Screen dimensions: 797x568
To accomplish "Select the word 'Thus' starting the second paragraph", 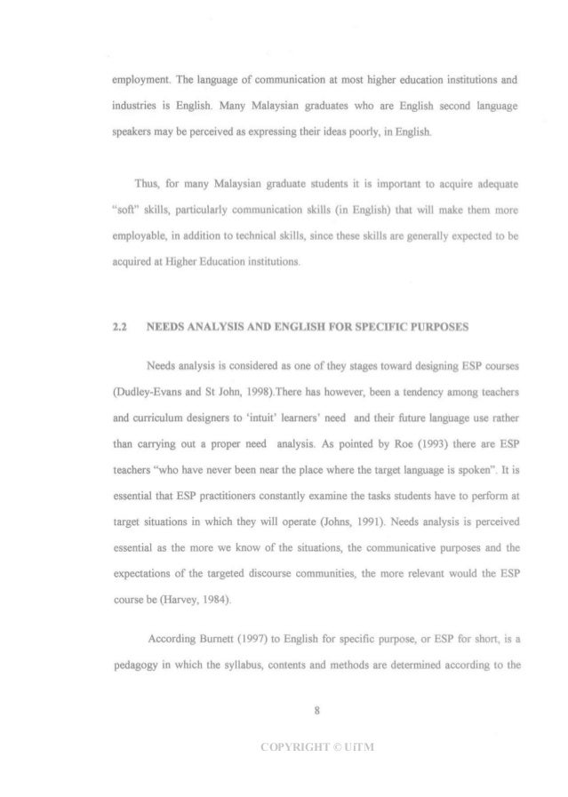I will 145,185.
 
